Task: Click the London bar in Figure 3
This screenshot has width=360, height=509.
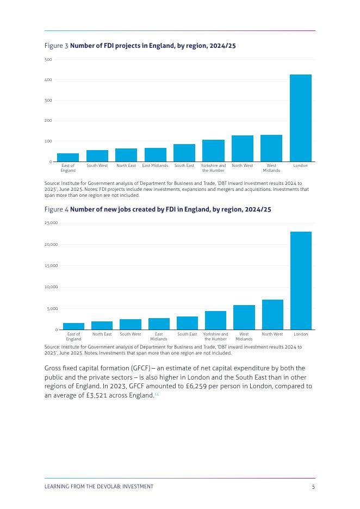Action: tap(300, 118)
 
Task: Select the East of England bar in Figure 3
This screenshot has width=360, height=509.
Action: tap(68, 158)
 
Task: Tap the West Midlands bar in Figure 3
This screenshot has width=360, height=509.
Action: tap(271, 148)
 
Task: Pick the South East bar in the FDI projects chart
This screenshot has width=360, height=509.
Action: tap(184, 153)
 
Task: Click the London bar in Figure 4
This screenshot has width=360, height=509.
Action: tap(301, 281)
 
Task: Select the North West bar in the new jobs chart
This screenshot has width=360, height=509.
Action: tap(272, 315)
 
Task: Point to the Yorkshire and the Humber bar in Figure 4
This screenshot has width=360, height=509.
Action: tap(215, 320)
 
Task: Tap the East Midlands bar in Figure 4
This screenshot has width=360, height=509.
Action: tap(159, 324)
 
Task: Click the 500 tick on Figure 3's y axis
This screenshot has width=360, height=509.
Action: tap(48, 59)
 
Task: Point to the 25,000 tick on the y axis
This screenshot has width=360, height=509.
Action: tap(51, 223)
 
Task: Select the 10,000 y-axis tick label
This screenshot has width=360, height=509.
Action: tap(51, 287)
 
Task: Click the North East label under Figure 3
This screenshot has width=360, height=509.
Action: tap(126, 166)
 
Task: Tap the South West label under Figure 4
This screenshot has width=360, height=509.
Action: tap(131, 334)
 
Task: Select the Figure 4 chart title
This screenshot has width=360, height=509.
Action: tap(157, 209)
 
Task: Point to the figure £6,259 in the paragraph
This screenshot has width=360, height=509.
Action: tap(224, 386)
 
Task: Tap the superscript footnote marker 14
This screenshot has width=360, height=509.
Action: tap(157, 394)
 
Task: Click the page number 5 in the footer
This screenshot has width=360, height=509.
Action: tap(313, 487)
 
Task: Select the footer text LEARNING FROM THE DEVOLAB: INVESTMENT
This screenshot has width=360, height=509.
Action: tap(98, 487)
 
